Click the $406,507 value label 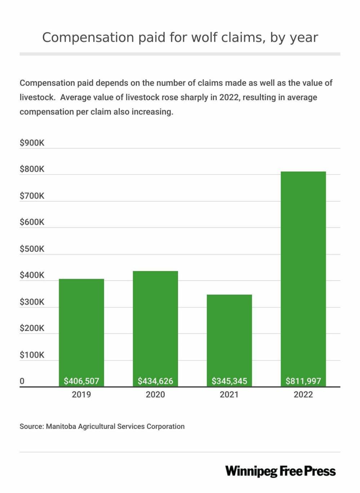point(81,381)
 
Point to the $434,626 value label point(155,381)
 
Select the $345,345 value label point(229,381)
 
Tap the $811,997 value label point(303,381)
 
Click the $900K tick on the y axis point(32,143)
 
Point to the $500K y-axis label point(32,249)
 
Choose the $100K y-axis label point(32,355)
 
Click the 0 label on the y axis point(22,381)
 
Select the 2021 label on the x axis point(229,395)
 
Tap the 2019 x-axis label point(81,395)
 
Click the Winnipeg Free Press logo point(280,471)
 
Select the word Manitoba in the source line point(61,426)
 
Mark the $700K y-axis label point(32,196)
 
